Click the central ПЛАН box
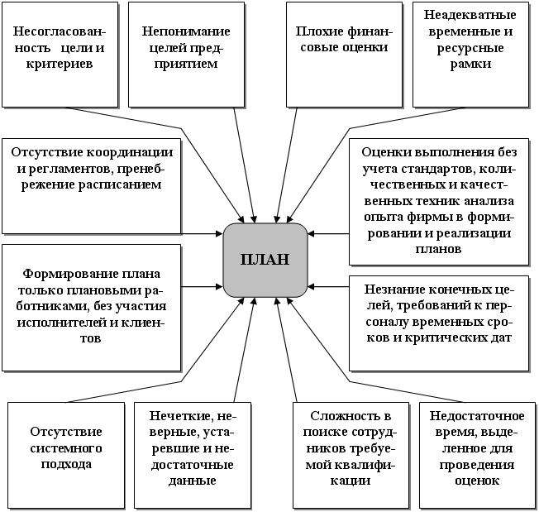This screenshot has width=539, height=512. (265, 260)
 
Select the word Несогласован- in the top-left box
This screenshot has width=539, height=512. (60, 31)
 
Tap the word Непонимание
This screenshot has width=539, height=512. (186, 31)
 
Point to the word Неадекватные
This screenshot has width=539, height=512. (470, 15)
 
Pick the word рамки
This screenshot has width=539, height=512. (470, 64)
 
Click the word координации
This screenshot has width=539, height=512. (130, 152)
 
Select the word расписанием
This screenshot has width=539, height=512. (120, 184)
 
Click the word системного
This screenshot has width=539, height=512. (66, 448)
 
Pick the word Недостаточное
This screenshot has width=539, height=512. (477, 416)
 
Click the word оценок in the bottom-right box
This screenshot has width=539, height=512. (477, 481)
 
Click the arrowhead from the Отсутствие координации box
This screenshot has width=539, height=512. (219, 234)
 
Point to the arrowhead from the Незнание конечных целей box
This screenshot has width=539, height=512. (311, 286)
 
